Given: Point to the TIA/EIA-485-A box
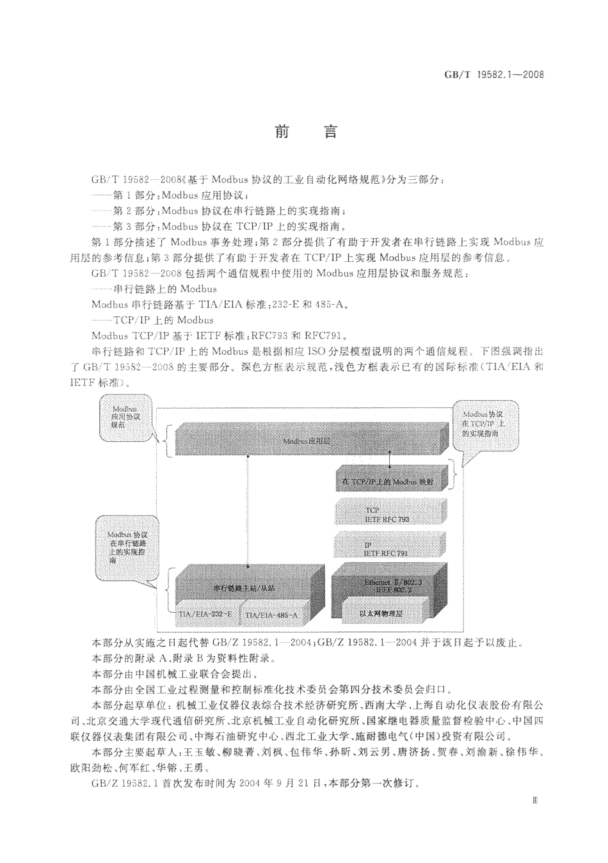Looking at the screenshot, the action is pos(271,615).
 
